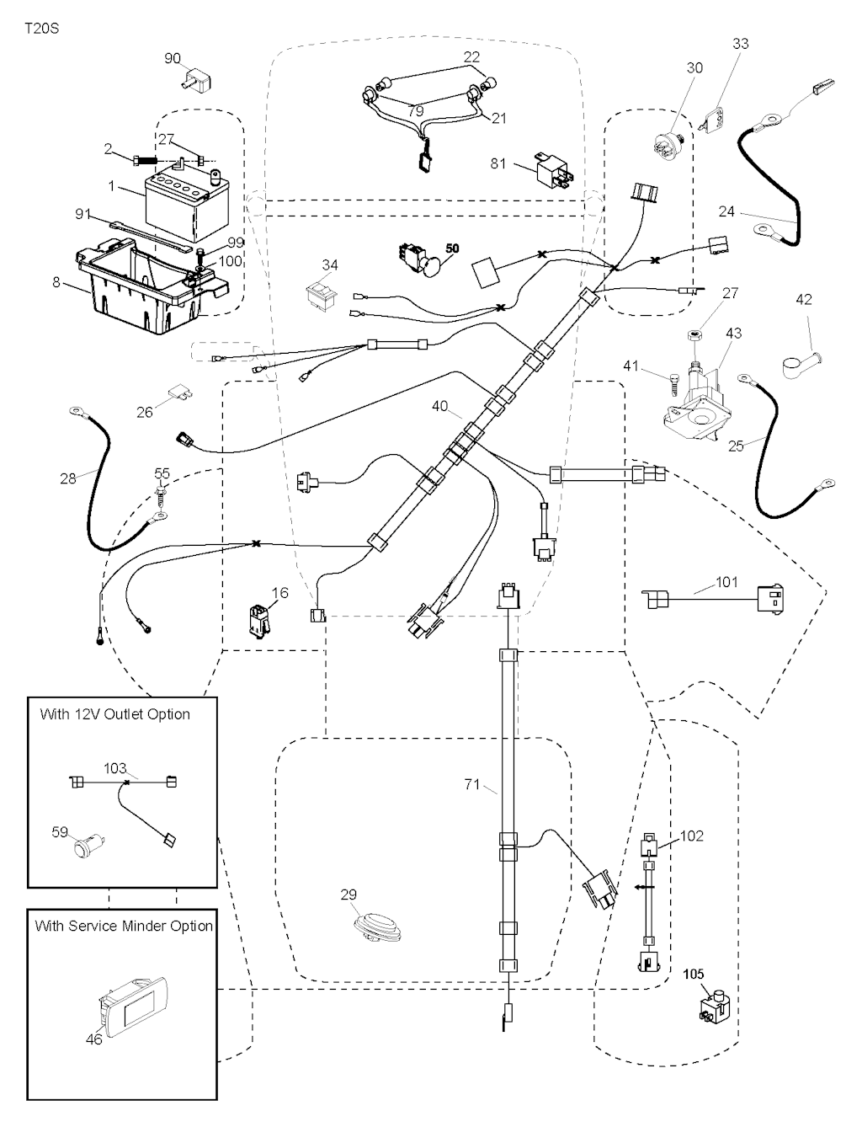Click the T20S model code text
41,28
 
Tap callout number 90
172,58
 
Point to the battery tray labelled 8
147,286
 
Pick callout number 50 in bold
452,248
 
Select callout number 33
740,44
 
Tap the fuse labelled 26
179,392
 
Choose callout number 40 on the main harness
439,406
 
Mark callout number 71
472,784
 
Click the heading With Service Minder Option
124,926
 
